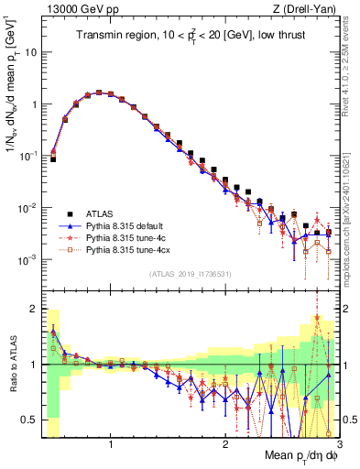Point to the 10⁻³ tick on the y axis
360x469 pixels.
point(28,260)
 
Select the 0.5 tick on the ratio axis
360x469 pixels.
point(30,420)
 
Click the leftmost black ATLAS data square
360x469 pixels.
point(53,159)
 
